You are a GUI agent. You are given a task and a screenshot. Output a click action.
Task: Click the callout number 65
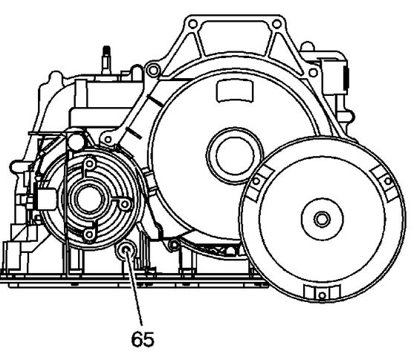143,339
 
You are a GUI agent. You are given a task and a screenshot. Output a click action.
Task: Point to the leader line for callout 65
135,288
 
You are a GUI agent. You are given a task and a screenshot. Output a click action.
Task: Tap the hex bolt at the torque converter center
322,219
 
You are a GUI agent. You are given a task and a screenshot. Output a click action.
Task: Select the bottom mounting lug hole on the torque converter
322,295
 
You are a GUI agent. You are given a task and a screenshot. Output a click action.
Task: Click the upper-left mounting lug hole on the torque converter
256,181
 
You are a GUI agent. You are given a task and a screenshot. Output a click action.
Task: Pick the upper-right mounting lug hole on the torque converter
388,181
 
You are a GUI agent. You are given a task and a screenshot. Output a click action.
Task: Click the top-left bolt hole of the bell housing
193,25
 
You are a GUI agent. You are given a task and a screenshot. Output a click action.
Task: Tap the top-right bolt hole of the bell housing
276,25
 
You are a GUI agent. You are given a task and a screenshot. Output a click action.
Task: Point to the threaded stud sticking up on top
106,60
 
